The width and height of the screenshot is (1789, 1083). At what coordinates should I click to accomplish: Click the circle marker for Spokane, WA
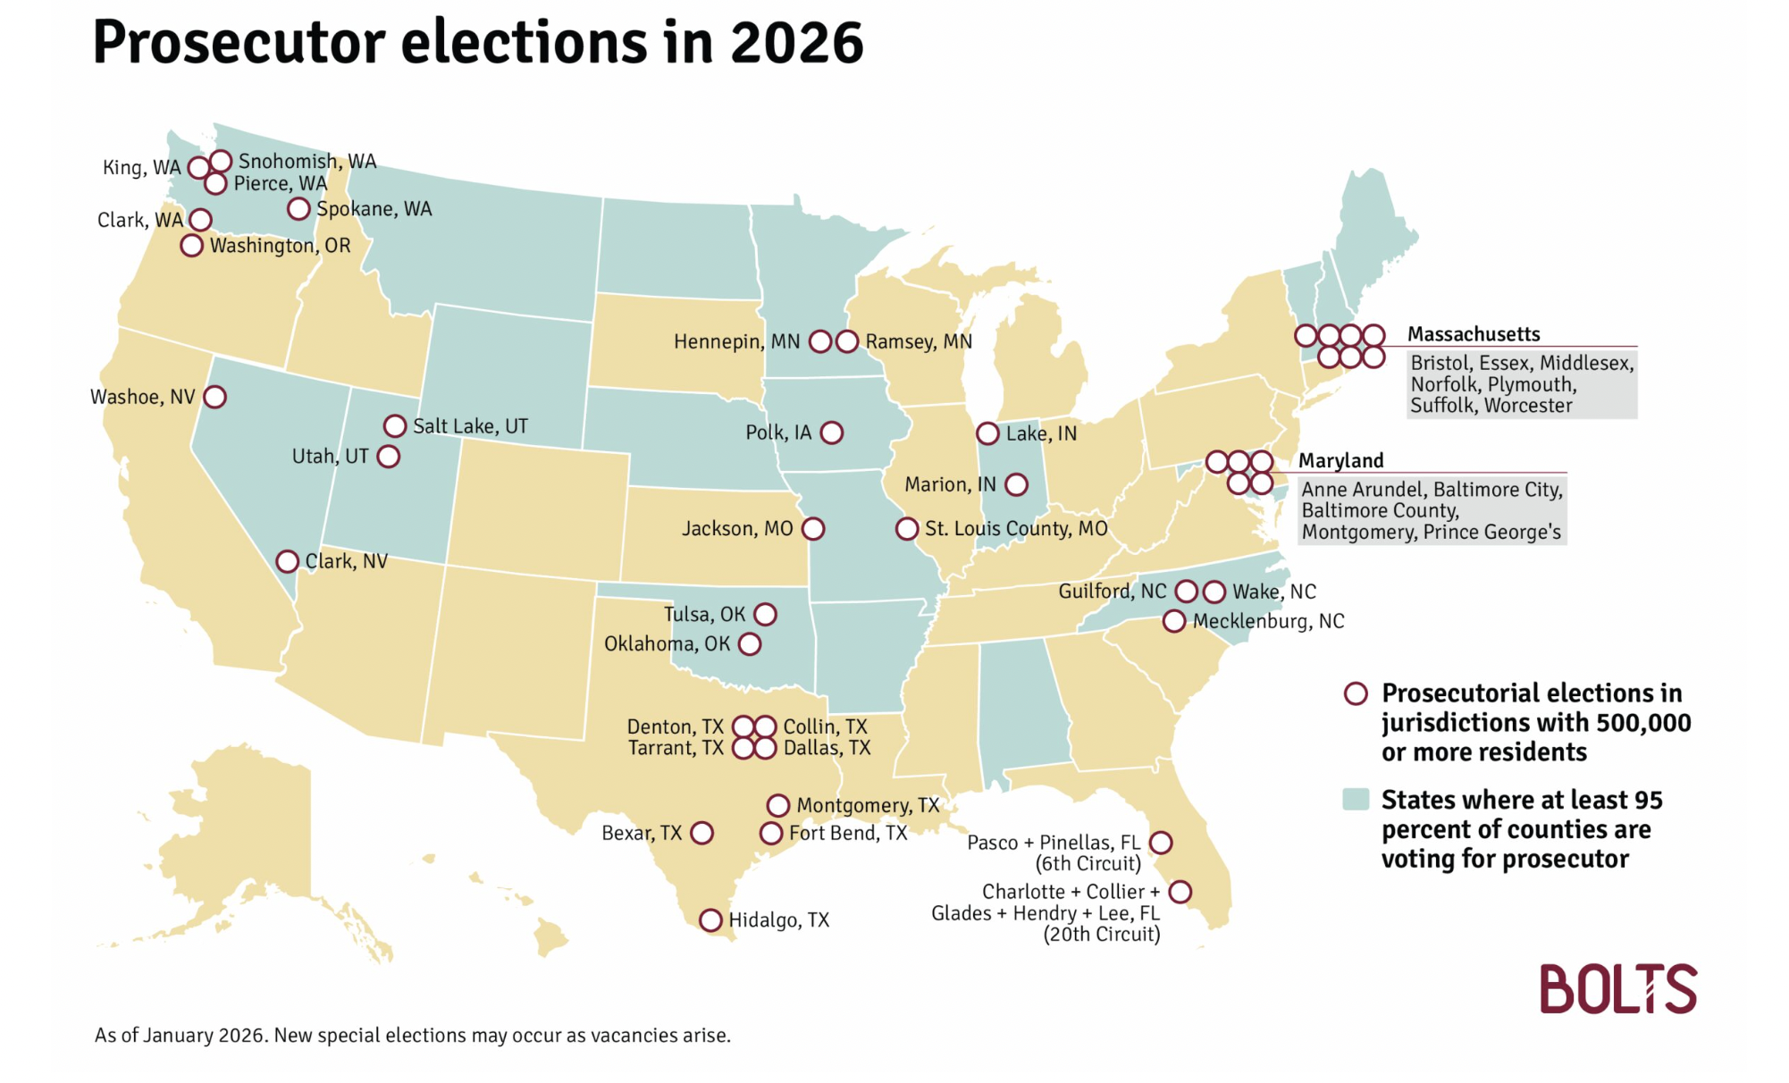click(298, 209)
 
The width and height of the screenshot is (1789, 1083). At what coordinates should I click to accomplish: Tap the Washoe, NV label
click(143, 398)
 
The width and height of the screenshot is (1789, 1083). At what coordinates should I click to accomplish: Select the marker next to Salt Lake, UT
click(395, 426)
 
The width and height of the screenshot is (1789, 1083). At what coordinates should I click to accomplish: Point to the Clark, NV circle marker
click(287, 562)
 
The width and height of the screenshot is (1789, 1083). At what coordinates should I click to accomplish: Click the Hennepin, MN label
click(736, 342)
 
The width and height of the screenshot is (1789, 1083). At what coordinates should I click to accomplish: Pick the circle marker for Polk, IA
click(832, 433)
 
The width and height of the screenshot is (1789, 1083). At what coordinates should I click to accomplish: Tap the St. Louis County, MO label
click(1016, 529)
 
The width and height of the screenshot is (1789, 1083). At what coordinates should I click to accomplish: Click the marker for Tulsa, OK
click(765, 615)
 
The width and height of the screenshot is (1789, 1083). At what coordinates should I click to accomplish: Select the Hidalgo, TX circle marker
click(710, 920)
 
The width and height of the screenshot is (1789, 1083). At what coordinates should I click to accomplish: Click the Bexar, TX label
click(642, 834)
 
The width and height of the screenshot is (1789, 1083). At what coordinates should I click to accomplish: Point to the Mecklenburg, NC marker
click(1174, 621)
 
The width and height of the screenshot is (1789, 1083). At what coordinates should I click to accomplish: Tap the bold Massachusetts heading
click(1474, 334)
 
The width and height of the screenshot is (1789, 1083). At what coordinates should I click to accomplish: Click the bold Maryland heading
click(1340, 461)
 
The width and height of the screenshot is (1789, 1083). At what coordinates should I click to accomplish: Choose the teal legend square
click(1356, 800)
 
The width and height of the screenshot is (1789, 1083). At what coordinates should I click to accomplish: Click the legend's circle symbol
click(1356, 694)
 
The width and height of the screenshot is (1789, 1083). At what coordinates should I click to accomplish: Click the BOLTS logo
click(1617, 989)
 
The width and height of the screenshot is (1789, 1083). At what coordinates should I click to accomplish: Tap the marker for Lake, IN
click(987, 434)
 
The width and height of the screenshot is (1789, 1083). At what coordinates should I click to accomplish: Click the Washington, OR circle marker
click(191, 246)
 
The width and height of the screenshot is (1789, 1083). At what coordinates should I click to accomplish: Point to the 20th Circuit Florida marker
click(1180, 892)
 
